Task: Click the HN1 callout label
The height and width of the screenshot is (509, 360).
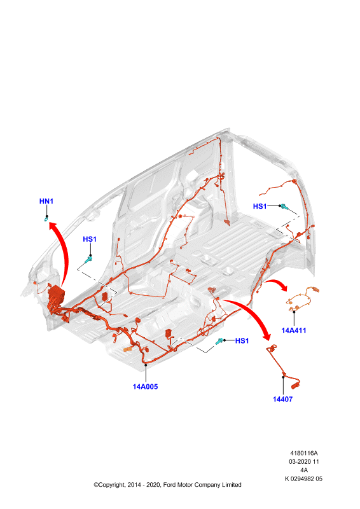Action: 46,201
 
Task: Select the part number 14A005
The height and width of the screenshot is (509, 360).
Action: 145,387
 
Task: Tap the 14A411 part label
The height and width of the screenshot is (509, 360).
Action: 293,330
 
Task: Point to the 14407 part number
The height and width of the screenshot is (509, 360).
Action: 282,400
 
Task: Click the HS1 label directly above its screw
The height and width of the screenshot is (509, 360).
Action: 90,239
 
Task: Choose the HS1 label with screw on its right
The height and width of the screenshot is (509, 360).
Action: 260,206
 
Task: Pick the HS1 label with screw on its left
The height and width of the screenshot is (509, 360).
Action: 242,340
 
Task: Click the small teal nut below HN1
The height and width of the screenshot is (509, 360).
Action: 46,220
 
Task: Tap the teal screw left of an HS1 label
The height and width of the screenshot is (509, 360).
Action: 219,341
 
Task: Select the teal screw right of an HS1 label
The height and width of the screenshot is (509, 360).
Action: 285,207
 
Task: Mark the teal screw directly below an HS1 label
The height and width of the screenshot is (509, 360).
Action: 88,260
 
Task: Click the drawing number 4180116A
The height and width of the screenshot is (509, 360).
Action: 303,453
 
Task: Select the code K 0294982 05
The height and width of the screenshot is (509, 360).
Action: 303,479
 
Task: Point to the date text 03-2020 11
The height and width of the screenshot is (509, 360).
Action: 304,462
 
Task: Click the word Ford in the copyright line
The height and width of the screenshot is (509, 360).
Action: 169,485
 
